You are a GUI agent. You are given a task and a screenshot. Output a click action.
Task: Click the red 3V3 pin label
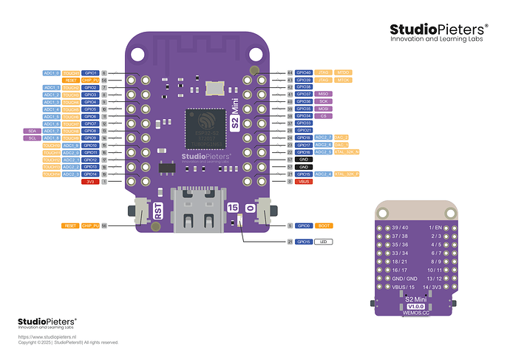[90, 181]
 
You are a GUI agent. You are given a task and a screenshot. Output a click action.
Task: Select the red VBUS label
[303, 181]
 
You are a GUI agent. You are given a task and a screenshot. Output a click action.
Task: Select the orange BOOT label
[324, 225]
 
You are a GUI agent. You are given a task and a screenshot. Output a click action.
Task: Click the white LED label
[323, 242]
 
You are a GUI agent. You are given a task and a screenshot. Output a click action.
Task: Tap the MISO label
[323, 95]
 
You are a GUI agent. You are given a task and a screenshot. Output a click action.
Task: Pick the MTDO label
[343, 73]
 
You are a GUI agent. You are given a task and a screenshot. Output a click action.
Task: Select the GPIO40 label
[303, 73]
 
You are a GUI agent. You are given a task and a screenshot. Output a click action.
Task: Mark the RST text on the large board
[157, 211]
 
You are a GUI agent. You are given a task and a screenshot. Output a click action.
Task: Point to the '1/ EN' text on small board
[435, 228]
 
